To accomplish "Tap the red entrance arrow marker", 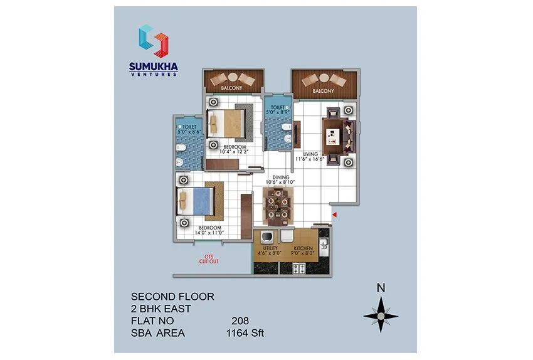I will click(x=334, y=215).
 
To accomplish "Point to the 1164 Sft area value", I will click(x=245, y=332).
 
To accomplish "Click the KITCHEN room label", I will click(x=303, y=249).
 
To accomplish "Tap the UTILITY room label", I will click(x=271, y=249).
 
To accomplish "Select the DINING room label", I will click(x=281, y=177).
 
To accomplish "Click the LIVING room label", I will click(x=311, y=154).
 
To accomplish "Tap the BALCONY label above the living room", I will click(x=324, y=91).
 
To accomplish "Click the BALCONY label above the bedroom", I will click(x=231, y=88).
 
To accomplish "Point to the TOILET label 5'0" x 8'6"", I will click(x=189, y=130).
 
